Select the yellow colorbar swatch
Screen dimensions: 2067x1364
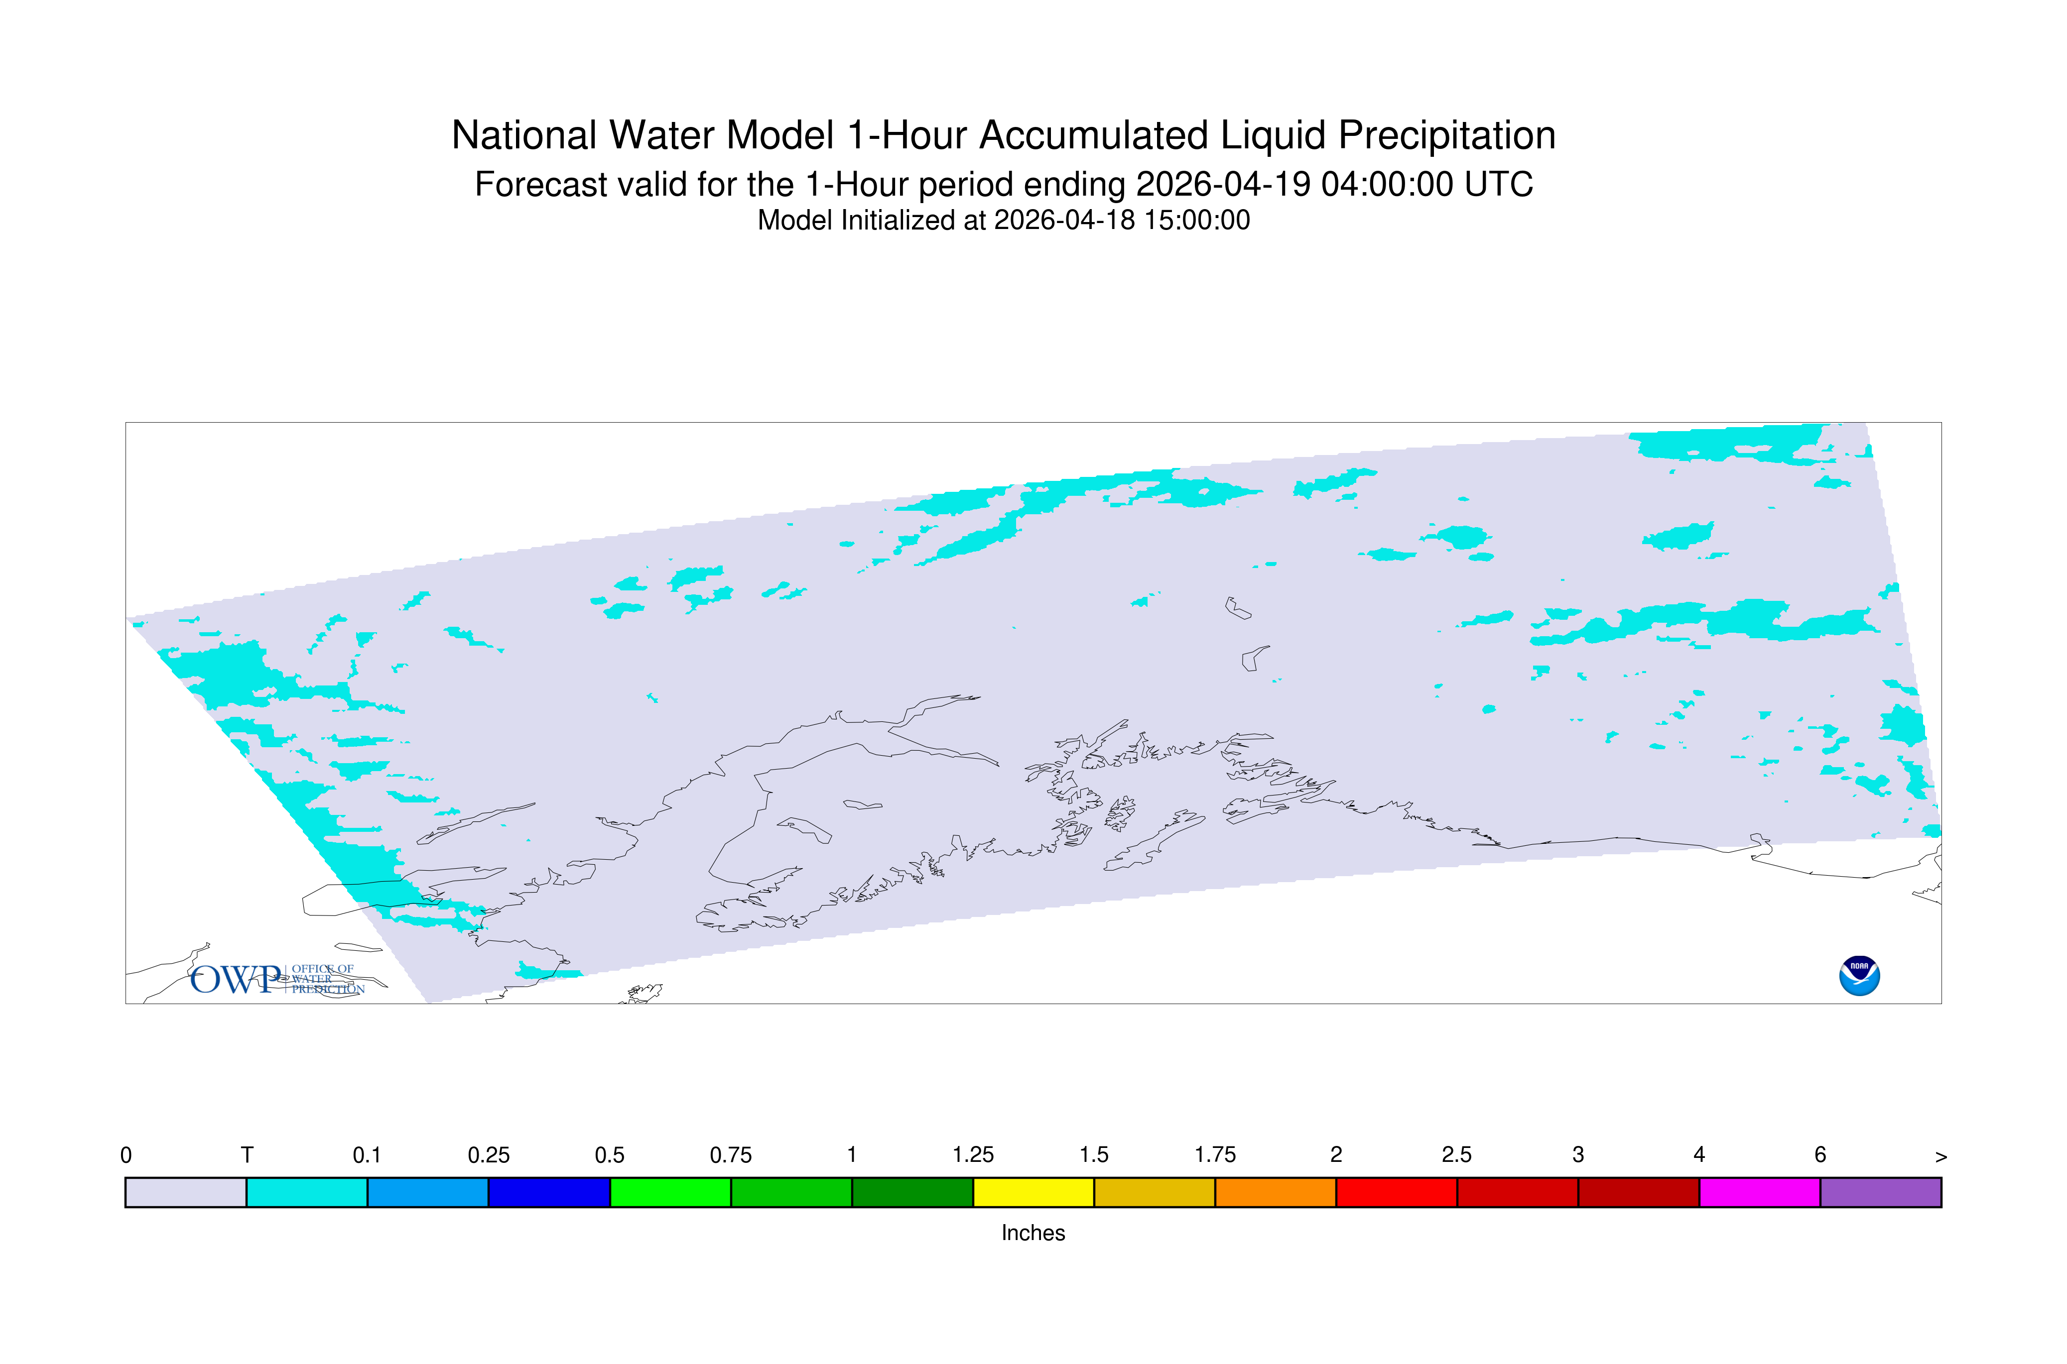click(x=1033, y=1193)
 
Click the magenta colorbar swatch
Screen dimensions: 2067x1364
click(x=1759, y=1193)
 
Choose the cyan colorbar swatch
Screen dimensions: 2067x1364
click(x=306, y=1193)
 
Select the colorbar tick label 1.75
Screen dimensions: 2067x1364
click(x=1215, y=1155)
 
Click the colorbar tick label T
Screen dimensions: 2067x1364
click(x=247, y=1155)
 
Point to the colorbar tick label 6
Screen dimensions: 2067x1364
click(x=1820, y=1155)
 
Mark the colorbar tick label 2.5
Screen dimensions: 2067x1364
click(x=1457, y=1155)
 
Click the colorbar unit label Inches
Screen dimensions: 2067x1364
click(x=1033, y=1233)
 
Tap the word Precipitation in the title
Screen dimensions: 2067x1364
click(x=1446, y=136)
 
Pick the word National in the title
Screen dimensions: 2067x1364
click(x=524, y=136)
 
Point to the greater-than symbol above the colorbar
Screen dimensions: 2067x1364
click(x=1941, y=1157)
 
